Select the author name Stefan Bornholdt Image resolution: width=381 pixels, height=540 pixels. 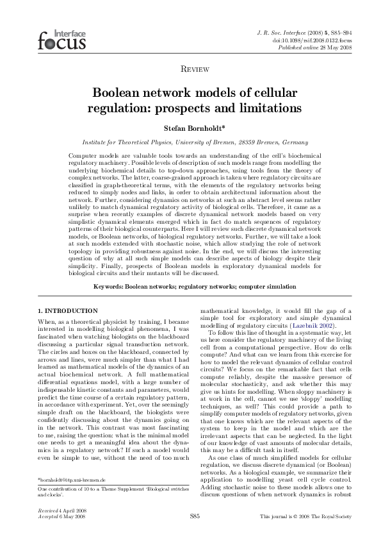click(190, 128)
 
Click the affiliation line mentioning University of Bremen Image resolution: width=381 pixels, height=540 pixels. click(190, 142)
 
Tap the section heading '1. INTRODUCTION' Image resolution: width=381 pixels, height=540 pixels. click(68, 311)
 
